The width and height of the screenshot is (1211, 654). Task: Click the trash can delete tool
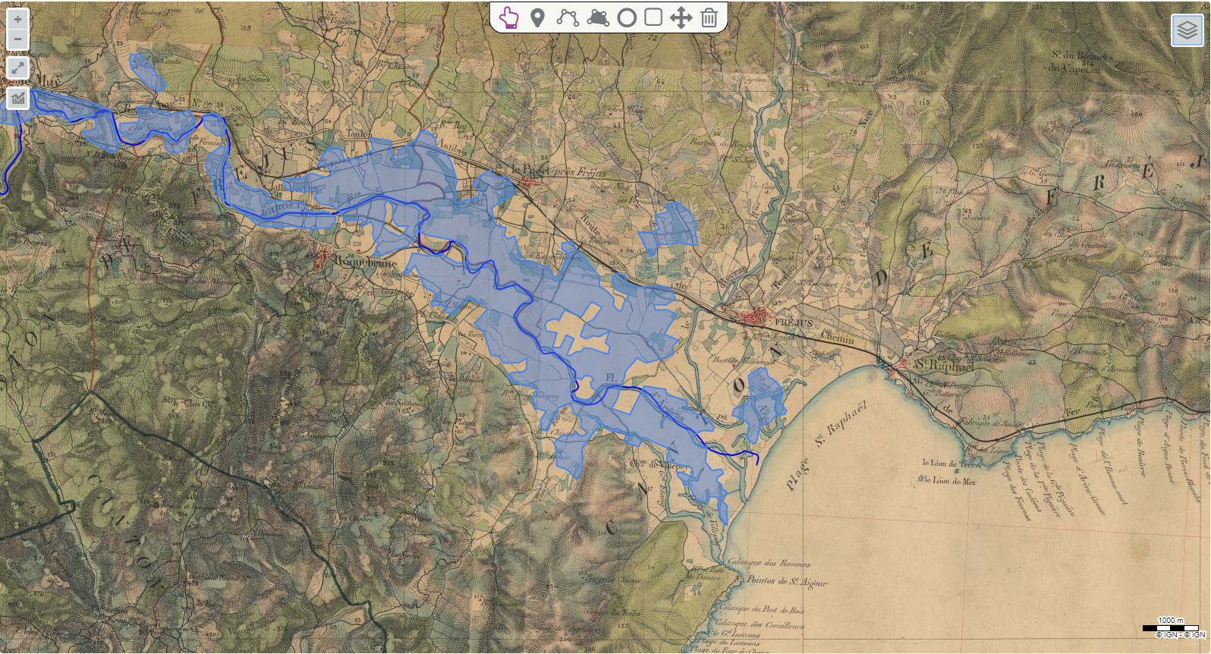click(709, 17)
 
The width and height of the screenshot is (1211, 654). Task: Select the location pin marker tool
click(537, 17)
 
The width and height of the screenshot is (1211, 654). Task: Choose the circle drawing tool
click(626, 17)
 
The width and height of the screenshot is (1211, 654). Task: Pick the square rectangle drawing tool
click(653, 17)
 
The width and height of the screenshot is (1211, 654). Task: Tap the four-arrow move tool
click(681, 17)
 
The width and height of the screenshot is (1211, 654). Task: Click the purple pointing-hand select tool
click(509, 17)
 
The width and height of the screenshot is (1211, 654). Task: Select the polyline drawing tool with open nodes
click(568, 17)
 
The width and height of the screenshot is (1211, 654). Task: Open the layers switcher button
click(1187, 30)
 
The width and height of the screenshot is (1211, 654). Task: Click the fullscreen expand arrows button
click(17, 68)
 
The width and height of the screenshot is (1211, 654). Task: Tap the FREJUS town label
click(794, 323)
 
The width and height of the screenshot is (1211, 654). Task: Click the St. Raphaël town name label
click(942, 365)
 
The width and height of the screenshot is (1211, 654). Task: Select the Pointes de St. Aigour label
click(786, 581)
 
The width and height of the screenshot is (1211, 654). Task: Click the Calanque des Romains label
click(769, 563)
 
